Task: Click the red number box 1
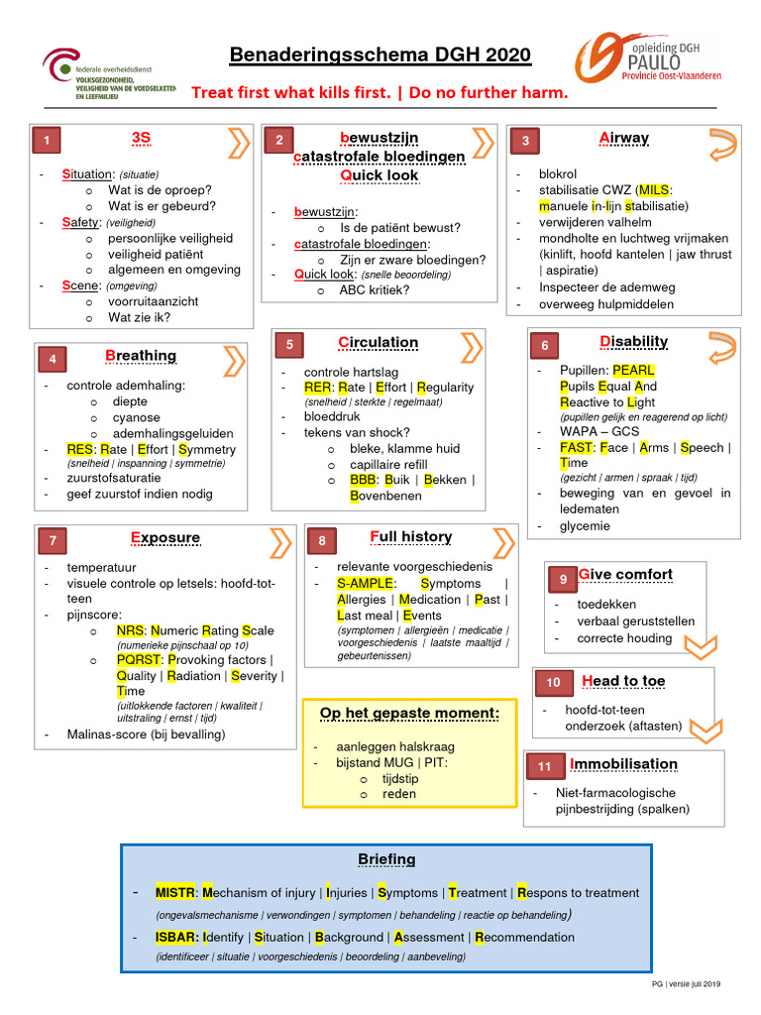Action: click(x=47, y=142)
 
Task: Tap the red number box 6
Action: click(x=544, y=345)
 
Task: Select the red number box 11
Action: click(x=544, y=766)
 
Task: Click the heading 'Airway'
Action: click(x=623, y=138)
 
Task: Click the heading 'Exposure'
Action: click(x=164, y=538)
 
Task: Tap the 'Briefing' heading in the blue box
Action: click(x=386, y=859)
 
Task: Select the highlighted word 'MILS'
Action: click(x=655, y=190)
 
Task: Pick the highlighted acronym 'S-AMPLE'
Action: click(x=366, y=584)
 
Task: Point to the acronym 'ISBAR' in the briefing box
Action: click(x=176, y=937)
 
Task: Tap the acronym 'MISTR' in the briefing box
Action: click(x=177, y=893)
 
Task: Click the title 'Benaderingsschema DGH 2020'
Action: click(x=380, y=56)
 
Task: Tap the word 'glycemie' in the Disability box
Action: click(x=585, y=526)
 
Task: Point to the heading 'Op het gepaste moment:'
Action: click(x=409, y=714)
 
